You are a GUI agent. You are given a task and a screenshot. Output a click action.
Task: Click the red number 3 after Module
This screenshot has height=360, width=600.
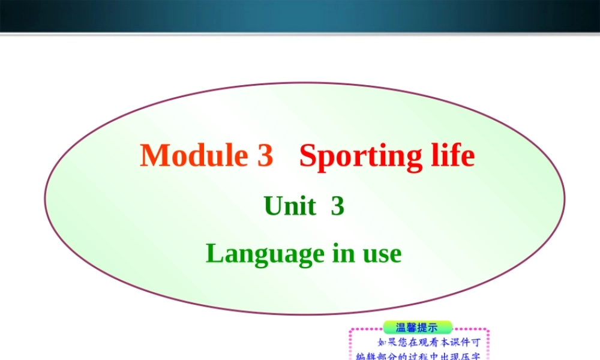click(x=265, y=155)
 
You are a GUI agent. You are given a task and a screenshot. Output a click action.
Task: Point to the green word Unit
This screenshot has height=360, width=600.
click(x=290, y=206)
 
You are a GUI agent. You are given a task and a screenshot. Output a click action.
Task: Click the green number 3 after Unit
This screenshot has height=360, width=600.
click(x=337, y=206)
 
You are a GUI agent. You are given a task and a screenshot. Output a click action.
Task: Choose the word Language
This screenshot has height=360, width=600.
click(x=264, y=254)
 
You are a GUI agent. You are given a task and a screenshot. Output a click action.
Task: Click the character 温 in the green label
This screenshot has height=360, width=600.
click(x=401, y=328)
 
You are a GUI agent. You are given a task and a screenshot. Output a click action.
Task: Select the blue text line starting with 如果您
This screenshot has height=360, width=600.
click(x=428, y=344)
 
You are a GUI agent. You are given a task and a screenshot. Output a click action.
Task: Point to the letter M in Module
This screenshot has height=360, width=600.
click(x=153, y=155)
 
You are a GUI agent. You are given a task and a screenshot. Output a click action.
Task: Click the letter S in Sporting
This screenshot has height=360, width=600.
click(x=309, y=155)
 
